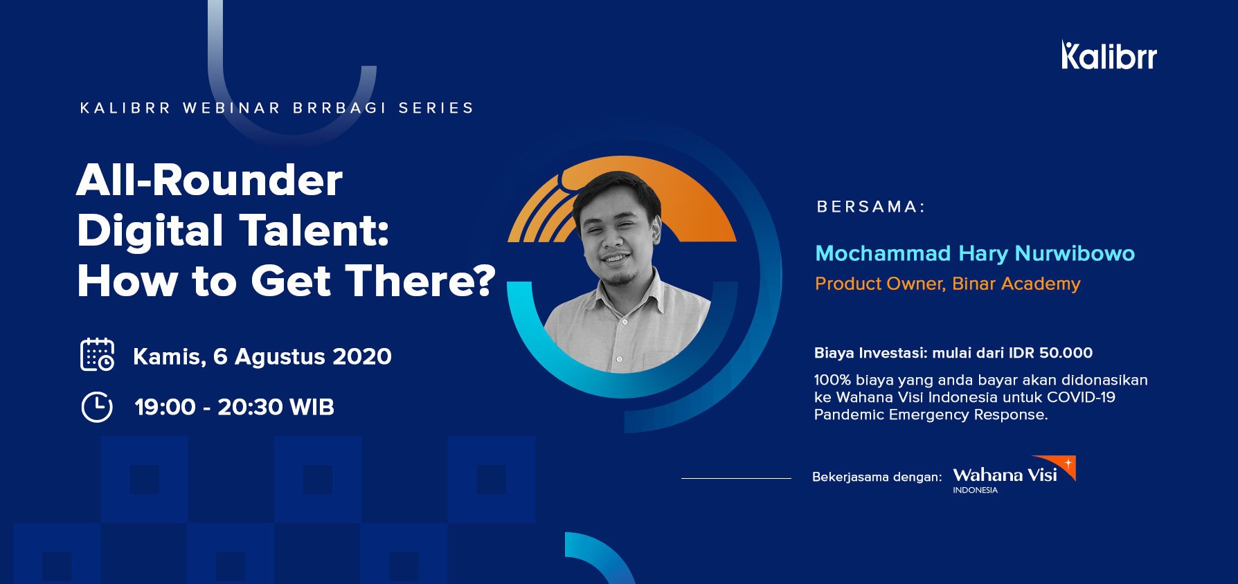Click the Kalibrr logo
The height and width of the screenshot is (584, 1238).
[x=1109, y=55]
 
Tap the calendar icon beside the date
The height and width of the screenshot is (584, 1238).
[x=97, y=354]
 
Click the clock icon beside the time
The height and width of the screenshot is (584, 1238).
[x=97, y=407]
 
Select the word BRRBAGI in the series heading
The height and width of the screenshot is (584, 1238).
[x=339, y=108]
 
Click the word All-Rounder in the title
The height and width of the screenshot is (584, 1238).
[x=210, y=181]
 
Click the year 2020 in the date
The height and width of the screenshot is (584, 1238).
[x=362, y=356]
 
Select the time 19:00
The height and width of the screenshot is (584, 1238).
[x=165, y=407]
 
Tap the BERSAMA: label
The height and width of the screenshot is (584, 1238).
[x=871, y=207]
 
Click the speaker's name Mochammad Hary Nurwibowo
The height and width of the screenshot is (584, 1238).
[x=975, y=254]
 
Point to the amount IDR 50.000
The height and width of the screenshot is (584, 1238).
[x=1050, y=353]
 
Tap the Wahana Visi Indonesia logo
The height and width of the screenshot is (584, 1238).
[x=1014, y=475]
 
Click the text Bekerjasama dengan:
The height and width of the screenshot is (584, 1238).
[x=877, y=477]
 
